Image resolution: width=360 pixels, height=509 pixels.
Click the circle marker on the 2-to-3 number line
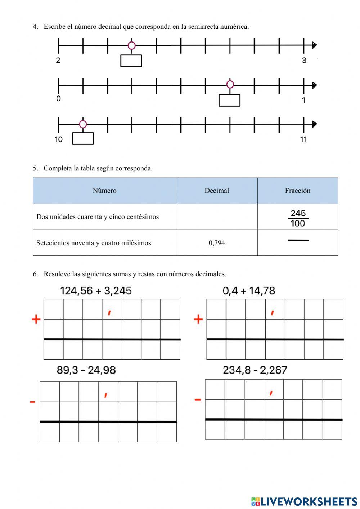(x=132, y=45)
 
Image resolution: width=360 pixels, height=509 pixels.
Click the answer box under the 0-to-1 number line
(x=229, y=100)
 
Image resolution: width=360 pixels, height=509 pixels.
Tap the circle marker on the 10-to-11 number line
(x=83, y=124)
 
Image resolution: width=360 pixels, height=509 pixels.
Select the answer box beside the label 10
(x=83, y=139)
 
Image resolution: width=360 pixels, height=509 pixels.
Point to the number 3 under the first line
(x=304, y=61)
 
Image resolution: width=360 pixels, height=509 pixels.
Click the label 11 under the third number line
(x=303, y=139)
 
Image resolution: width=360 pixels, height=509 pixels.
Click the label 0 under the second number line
(x=59, y=99)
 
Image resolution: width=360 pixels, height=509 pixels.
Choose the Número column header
(x=104, y=191)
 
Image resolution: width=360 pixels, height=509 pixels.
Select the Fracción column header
(x=297, y=191)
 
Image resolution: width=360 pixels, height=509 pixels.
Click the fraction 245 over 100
(x=298, y=218)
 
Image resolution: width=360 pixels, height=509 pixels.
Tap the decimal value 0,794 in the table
(x=217, y=243)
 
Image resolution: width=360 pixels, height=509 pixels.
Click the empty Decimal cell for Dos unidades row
(x=217, y=217)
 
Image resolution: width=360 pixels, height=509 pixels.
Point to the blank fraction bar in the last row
(x=298, y=240)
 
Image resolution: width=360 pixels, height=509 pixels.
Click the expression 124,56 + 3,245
(x=96, y=291)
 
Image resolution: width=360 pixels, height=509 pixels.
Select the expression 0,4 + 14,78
(x=249, y=291)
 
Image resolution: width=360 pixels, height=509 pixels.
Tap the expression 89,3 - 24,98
(x=86, y=370)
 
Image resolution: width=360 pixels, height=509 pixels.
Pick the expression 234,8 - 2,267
(x=255, y=370)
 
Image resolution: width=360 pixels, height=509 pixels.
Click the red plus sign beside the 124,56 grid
(x=36, y=319)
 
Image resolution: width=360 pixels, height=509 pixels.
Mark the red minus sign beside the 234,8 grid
(x=198, y=399)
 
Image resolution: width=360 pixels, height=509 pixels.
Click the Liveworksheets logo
(x=304, y=501)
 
